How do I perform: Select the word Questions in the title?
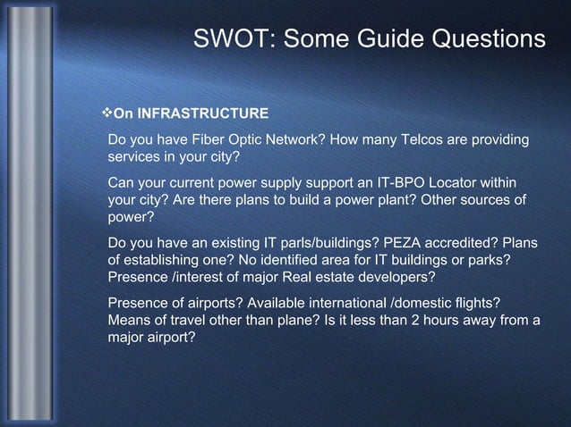(x=490, y=39)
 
